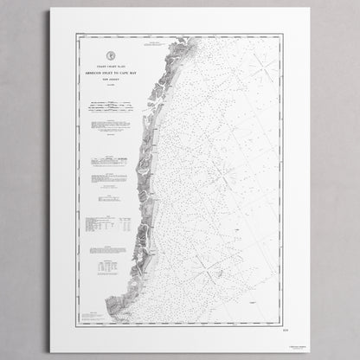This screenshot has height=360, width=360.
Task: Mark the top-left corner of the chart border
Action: tap(78, 35)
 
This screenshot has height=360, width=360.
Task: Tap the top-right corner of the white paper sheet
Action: tap(310, 10)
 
